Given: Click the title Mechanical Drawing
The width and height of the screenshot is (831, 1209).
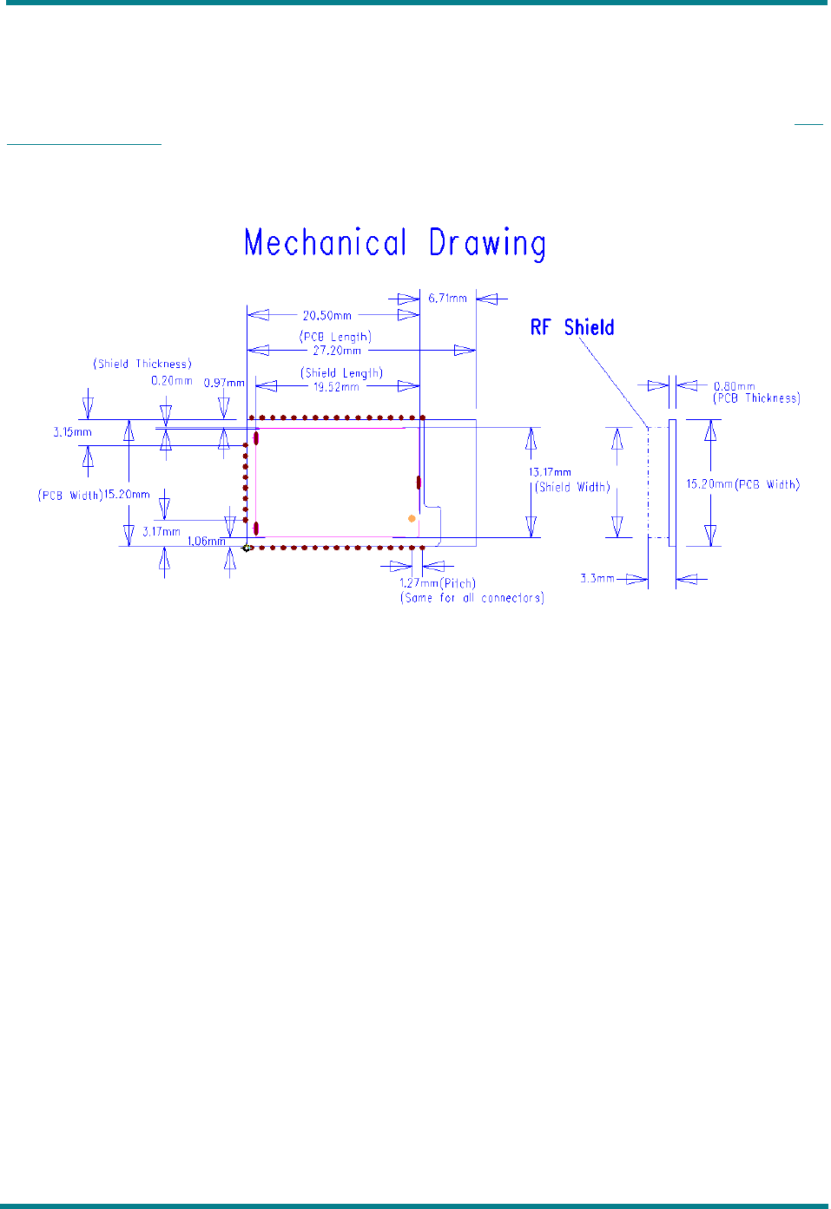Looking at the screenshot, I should pos(395,244).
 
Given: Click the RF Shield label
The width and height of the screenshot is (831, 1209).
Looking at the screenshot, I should pos(572,327).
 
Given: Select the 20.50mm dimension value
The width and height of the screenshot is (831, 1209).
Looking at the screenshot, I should pos(327,316).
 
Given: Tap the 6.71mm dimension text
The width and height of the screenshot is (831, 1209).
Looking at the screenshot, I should pos(447,299).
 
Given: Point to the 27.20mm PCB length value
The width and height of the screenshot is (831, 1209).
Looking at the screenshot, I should pos(337,351).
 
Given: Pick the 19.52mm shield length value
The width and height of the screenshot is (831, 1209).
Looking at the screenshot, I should pos(336,387).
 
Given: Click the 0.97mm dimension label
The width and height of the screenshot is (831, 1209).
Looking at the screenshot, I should pos(224,383).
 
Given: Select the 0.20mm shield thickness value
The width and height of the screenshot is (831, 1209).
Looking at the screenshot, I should pos(172,381).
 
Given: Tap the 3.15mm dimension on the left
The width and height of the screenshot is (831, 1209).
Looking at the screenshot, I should pos(72,432).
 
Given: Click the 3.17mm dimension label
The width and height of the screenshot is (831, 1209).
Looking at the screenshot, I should pos(162,531).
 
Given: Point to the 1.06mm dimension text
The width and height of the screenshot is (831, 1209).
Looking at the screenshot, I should pos(207,542).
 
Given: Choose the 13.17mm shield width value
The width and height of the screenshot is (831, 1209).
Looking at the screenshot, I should pos(551,472).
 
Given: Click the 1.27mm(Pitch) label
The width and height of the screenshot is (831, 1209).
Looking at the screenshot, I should pos(437,583).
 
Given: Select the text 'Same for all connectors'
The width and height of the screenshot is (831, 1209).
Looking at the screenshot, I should pos(472,598).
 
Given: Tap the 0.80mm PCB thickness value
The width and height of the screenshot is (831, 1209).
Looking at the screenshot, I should pos(734,386).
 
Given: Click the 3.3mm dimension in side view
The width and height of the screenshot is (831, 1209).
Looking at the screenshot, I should pos(597,578).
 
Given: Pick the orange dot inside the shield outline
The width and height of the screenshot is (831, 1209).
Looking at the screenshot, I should pos(412,518).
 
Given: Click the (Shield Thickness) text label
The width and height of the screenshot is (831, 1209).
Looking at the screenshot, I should pos(142,364).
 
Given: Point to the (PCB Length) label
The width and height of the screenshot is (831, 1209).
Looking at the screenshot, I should pos(335,337).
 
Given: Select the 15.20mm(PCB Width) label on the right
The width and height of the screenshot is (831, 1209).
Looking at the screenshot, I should pos(742,484).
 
